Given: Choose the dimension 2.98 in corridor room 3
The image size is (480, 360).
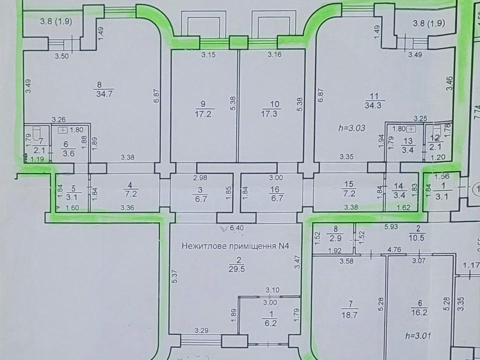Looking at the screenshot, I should coord(200,178).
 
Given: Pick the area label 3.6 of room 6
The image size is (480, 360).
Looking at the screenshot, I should coord(67,153).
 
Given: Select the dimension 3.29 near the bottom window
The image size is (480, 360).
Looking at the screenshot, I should coord(201,330).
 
